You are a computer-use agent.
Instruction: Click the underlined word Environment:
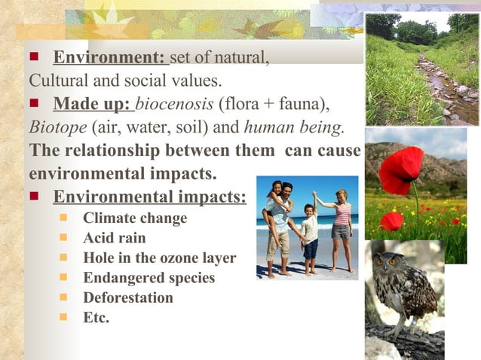pyautogui.click(x=109, y=58)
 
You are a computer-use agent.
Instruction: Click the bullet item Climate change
pyautogui.click(x=135, y=218)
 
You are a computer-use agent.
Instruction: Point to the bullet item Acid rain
pyautogui.click(x=115, y=238)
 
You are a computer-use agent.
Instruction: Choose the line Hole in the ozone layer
pyautogui.click(x=159, y=258)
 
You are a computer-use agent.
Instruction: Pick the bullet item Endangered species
pyautogui.click(x=149, y=278)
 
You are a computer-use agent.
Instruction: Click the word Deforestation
pyautogui.click(x=127, y=297)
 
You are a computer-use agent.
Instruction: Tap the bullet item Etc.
pyautogui.click(x=96, y=317)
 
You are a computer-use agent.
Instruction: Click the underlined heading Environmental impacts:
pyautogui.click(x=149, y=197)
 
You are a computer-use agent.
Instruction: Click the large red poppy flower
pyautogui.click(x=401, y=169)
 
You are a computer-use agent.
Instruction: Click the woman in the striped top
pyautogui.click(x=342, y=226)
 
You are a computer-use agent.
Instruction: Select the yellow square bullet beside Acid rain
pyautogui.click(x=64, y=238)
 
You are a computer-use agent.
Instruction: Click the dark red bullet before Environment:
pyautogui.click(x=34, y=58)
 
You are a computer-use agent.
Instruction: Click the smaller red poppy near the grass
pyautogui.click(x=391, y=221)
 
